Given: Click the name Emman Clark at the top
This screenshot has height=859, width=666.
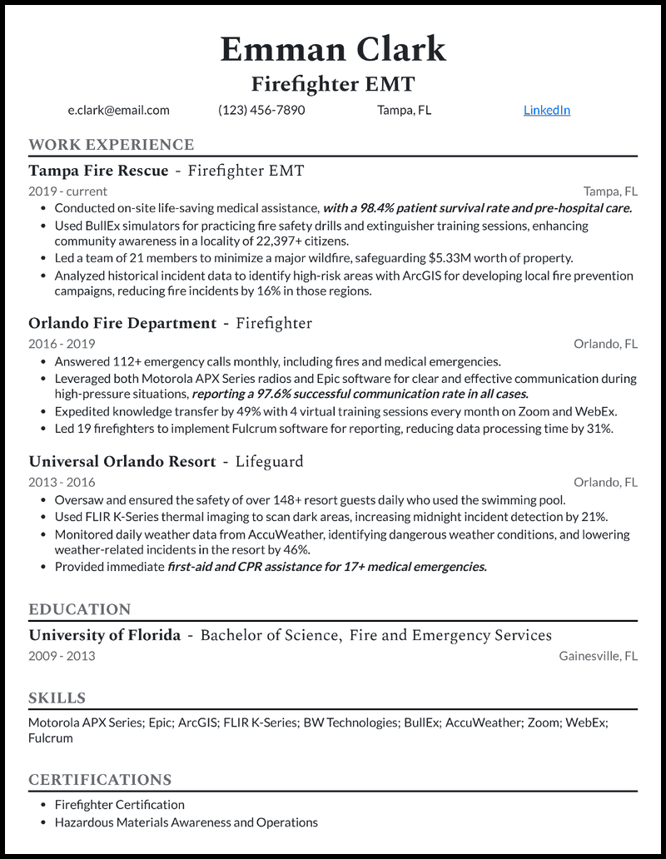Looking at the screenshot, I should [x=333, y=50].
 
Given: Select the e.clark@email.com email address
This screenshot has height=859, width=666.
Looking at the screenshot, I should [x=118, y=110].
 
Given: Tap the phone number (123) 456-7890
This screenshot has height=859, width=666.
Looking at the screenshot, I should [x=261, y=110].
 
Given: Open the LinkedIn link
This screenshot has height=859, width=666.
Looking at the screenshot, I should [x=546, y=110].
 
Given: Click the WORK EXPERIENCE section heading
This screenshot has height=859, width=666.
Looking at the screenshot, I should [x=111, y=145].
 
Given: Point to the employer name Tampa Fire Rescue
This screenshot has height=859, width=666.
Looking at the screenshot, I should [x=98, y=171].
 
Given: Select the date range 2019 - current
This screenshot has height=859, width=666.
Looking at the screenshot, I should [x=67, y=191].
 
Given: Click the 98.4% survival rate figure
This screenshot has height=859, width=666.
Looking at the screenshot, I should [x=370, y=208].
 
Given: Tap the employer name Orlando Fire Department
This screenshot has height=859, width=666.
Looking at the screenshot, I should [x=122, y=323].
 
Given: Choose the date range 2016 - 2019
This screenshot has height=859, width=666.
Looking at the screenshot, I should [x=62, y=344].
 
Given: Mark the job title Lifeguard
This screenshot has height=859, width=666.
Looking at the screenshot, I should [x=269, y=461].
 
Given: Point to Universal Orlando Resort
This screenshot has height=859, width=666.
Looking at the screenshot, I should [x=122, y=461].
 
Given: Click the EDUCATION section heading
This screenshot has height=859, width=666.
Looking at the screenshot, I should [x=79, y=609].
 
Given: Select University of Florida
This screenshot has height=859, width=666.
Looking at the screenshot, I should [x=104, y=635].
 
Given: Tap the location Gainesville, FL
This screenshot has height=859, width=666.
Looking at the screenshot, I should [x=598, y=656].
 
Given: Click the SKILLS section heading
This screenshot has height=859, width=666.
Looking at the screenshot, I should [x=57, y=698].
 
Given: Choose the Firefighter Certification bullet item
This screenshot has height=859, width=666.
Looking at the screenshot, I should [x=119, y=805].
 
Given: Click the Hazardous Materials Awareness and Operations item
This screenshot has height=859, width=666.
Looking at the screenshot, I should [x=186, y=822].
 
